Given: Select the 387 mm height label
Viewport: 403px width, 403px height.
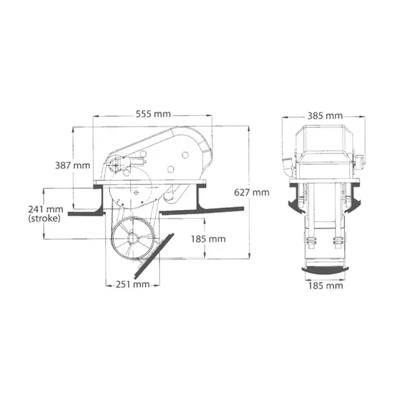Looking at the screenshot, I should click(73, 165).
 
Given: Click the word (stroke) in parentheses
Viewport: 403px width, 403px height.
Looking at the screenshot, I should click(45, 219).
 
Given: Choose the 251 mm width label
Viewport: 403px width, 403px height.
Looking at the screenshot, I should click(132, 284).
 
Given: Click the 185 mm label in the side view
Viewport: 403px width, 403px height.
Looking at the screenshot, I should click(208, 239).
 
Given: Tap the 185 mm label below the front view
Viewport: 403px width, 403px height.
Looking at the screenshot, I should click(325, 286).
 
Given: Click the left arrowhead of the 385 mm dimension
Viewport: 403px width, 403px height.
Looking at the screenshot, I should click(285, 115).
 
